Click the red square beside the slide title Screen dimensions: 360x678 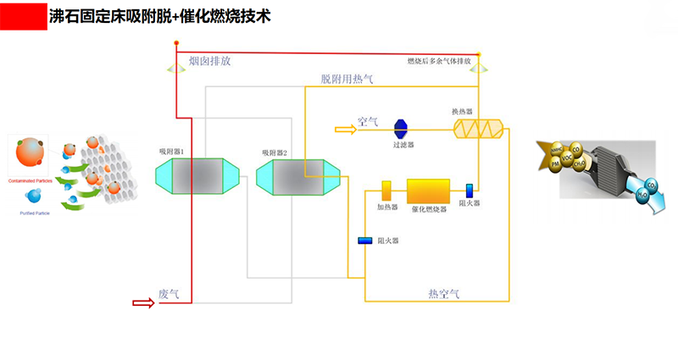24,15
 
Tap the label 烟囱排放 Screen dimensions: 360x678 209,61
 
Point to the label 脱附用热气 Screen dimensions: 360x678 347,79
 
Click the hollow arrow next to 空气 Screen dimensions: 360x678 346,129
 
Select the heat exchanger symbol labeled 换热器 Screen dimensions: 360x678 478,129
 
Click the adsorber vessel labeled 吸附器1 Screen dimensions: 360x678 187,178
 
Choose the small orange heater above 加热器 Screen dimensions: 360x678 386,191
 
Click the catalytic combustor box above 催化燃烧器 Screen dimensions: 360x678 428,191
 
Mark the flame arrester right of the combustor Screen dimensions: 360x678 469,191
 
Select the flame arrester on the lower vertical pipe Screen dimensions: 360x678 365,241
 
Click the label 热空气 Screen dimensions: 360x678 443,294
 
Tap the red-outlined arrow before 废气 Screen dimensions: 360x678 144,302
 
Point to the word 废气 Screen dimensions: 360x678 169,295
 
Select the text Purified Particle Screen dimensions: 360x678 35,213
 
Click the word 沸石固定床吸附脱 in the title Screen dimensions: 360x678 109,15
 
